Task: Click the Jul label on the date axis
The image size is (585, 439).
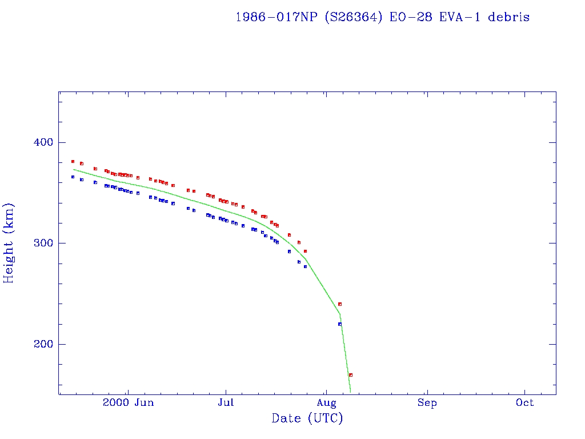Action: [x=226, y=403]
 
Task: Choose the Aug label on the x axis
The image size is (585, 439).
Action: [x=326, y=403]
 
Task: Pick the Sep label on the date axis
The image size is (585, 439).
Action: [x=427, y=403]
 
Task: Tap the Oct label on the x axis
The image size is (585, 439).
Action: [x=524, y=403]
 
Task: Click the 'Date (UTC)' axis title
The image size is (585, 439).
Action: [x=307, y=419]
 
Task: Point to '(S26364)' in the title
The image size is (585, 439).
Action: [x=354, y=17]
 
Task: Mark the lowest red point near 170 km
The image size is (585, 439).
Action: [x=351, y=375]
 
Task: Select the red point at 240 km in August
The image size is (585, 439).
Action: [x=340, y=304]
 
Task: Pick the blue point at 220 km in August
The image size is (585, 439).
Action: [x=340, y=324]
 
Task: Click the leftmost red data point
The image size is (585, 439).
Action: [x=73, y=162]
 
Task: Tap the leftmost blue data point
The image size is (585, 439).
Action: [x=73, y=177]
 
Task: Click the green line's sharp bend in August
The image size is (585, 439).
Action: [x=340, y=314]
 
